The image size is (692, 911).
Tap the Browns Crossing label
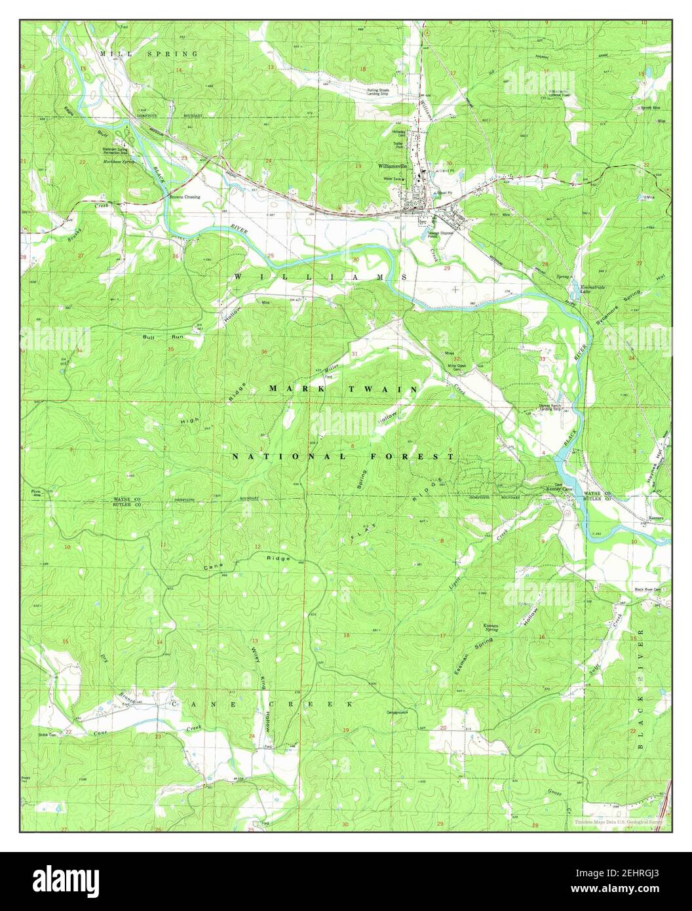(x=185, y=197)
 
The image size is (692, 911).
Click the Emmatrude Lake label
(x=591, y=290)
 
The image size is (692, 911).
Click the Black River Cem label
(x=647, y=589)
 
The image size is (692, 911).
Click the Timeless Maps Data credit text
(x=619, y=821)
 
